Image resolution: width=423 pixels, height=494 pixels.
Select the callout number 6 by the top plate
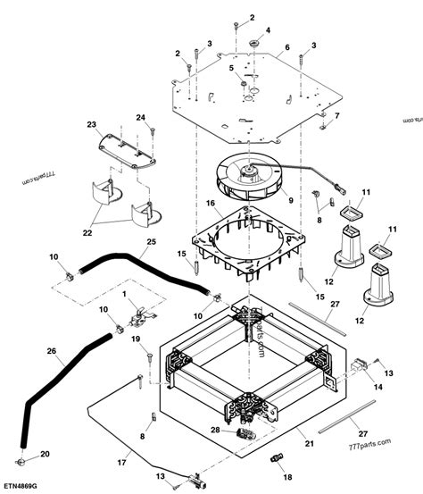click(287, 46)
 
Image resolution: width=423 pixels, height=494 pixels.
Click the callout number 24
click(139, 118)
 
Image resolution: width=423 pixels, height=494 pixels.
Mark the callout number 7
click(336, 116)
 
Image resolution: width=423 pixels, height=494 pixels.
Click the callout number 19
click(137, 340)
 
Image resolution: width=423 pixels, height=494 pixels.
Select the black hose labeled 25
click(143, 276)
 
